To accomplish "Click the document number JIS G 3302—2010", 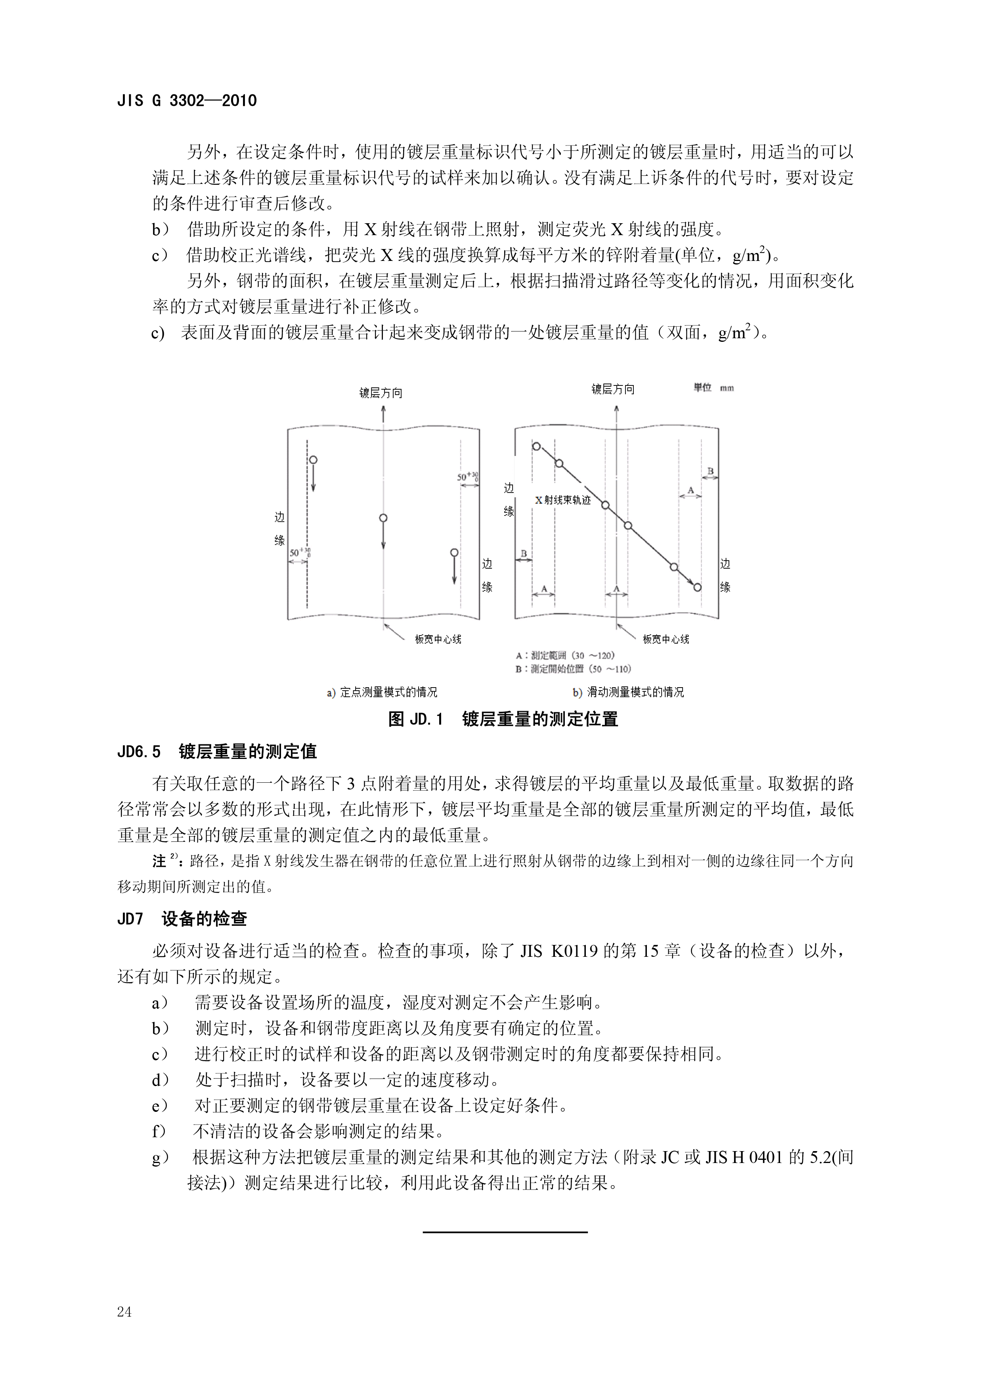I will click(187, 101).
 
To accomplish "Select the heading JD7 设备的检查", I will click(182, 919).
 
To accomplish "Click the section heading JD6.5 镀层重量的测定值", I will click(216, 751).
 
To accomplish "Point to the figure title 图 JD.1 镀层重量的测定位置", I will click(503, 719).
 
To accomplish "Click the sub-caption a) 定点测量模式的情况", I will click(382, 692).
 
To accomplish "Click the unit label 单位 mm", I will click(713, 388).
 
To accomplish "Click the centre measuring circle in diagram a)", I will click(383, 518).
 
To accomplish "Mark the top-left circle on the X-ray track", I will click(536, 446).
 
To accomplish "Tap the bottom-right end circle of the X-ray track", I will click(697, 587).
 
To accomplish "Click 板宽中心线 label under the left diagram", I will click(438, 639).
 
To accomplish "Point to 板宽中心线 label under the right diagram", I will click(666, 639).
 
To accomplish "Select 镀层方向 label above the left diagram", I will click(381, 393).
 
